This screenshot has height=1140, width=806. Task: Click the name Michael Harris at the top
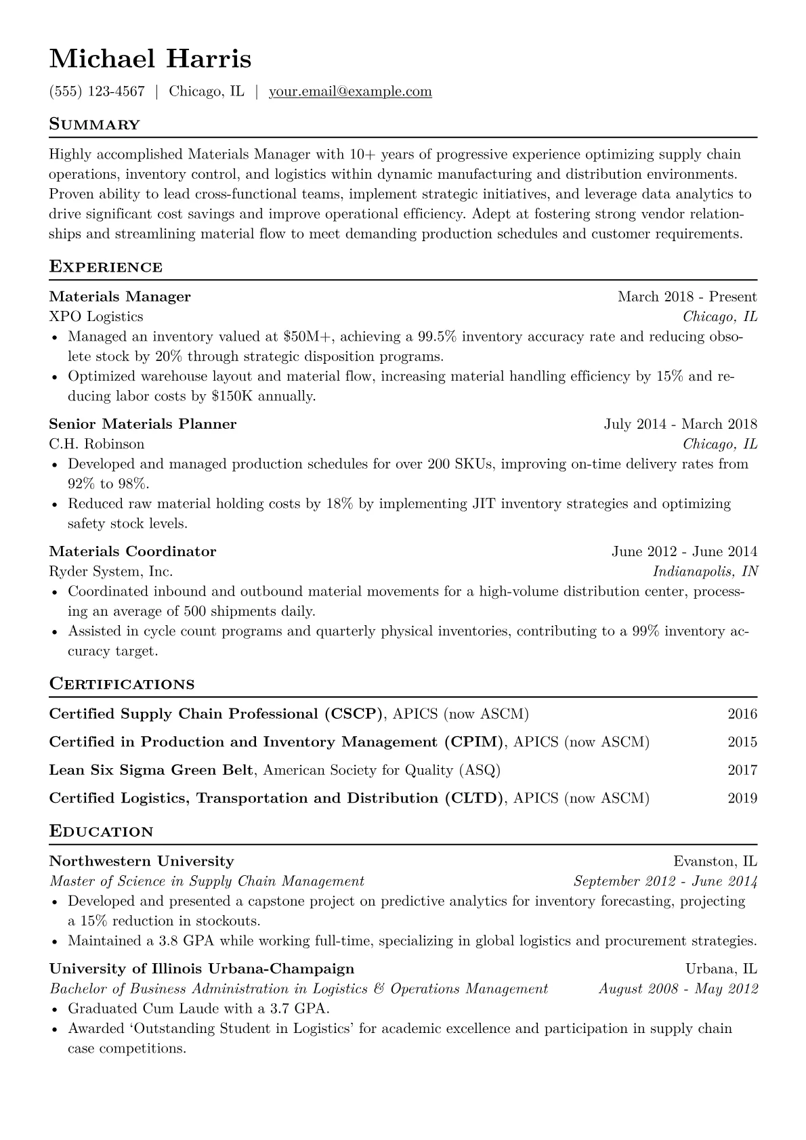click(x=150, y=59)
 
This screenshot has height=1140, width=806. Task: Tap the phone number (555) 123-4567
click(x=97, y=91)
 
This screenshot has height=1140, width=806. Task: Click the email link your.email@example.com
click(x=350, y=91)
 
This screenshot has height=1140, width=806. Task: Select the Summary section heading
click(x=94, y=125)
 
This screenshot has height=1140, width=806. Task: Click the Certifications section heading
click(x=122, y=684)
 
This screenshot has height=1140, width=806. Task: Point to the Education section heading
click(x=101, y=831)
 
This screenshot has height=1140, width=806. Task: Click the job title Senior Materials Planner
click(x=143, y=424)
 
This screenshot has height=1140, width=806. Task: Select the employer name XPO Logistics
click(x=96, y=316)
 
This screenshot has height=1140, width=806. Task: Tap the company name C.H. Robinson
click(x=97, y=444)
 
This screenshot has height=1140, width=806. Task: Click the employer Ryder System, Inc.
click(x=111, y=572)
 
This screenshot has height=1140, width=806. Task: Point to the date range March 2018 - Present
click(x=687, y=297)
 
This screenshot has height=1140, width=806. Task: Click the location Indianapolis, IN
click(x=705, y=572)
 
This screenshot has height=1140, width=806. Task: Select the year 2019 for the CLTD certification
click(x=742, y=798)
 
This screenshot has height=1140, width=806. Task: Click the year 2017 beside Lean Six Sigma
click(x=742, y=770)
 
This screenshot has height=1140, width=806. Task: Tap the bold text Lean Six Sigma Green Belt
click(x=152, y=770)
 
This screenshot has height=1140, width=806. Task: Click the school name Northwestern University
click(x=142, y=862)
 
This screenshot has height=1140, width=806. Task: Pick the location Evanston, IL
click(x=715, y=862)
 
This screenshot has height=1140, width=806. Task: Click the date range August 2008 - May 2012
click(x=678, y=989)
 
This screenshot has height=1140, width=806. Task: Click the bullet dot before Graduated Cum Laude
click(x=55, y=1009)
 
